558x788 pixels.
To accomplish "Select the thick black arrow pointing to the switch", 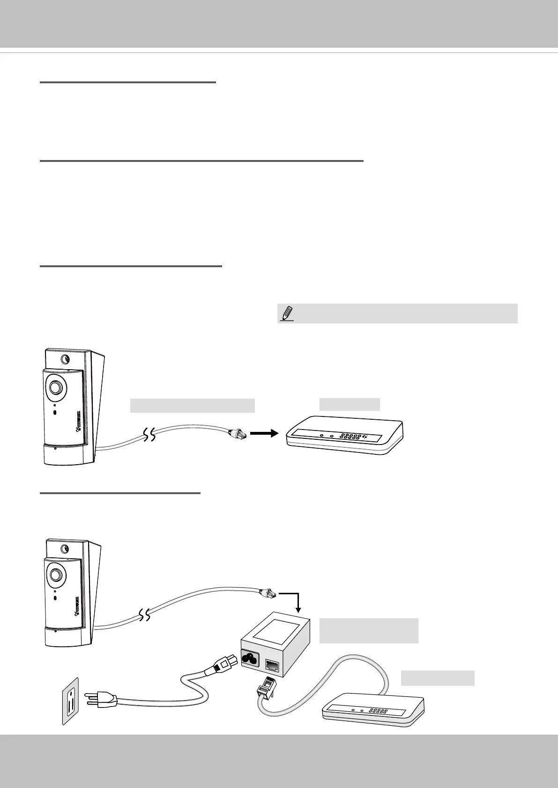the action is pyautogui.click(x=265, y=434).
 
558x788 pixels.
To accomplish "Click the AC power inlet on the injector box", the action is pyautogui.click(x=250, y=657).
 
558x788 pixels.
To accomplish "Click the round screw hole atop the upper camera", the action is pyautogui.click(x=66, y=359).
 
